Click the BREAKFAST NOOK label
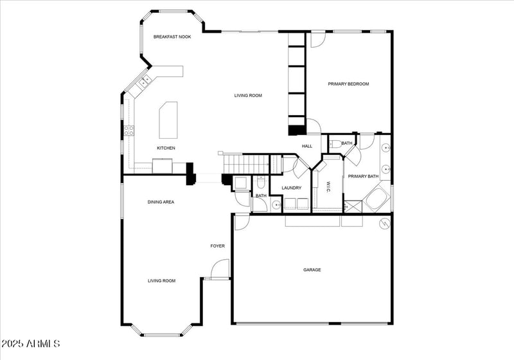tap(172, 37)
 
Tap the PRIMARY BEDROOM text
tap(348, 84)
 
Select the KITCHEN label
tap(166, 148)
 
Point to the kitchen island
tap(168, 119)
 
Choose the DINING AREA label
tap(161, 202)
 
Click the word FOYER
tap(218, 246)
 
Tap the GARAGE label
tap(312, 270)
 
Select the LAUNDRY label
tap(291, 188)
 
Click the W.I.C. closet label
tap(328, 186)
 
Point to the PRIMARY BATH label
tap(363, 176)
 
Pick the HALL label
tap(307, 147)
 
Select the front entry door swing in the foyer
tap(220, 269)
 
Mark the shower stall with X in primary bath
tap(353, 206)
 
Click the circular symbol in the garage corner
tap(385, 223)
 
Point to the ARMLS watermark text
tap(31, 345)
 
